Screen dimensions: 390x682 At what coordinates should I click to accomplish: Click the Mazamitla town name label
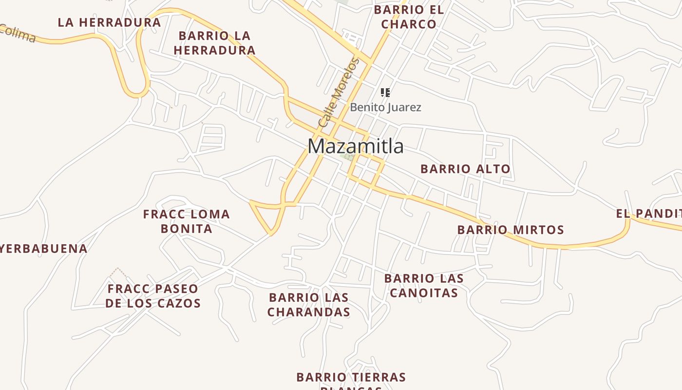[x=356, y=146]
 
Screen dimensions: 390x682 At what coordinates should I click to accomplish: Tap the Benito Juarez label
[x=385, y=107]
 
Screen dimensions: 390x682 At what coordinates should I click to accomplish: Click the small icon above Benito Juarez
[x=385, y=92]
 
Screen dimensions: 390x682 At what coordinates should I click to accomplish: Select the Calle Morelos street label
[x=339, y=93]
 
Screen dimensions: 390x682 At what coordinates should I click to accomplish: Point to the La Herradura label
[x=109, y=22]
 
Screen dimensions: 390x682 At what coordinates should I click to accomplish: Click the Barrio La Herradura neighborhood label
[x=214, y=43]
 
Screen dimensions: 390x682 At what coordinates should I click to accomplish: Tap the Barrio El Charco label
[x=409, y=17]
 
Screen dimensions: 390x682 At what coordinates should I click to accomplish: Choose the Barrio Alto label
[x=465, y=169]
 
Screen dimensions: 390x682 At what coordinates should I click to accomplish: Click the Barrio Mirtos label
[x=511, y=230]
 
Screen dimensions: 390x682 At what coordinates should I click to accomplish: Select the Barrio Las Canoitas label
[x=423, y=286]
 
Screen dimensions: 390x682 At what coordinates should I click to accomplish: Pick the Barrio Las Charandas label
[x=309, y=305]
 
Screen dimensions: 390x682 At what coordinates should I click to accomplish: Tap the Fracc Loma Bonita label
[x=187, y=221]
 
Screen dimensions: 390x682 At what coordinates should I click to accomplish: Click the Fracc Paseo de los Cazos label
[x=153, y=296]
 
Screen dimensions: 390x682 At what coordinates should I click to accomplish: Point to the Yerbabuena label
[x=44, y=249]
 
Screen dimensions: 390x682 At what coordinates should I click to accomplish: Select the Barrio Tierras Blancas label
[x=351, y=379]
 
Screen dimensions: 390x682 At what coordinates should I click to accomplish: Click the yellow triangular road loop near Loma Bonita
[x=265, y=214]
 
